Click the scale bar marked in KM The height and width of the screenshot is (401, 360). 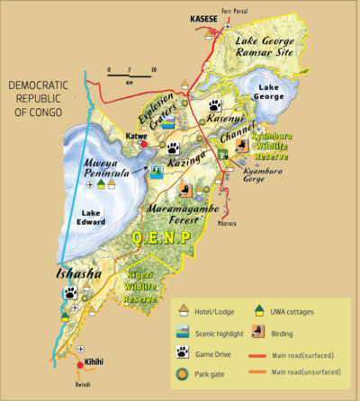pos(130,72)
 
